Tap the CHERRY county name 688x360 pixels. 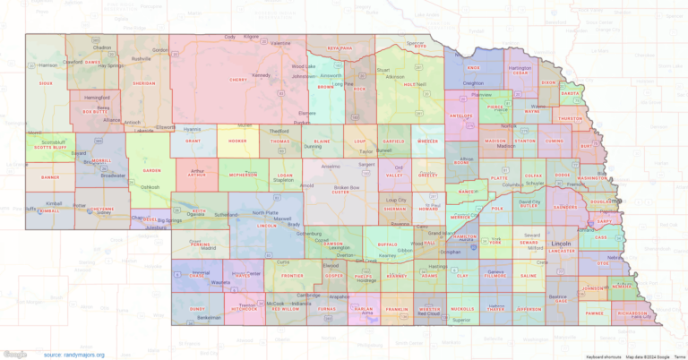coord(238,80)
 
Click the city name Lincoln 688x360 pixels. coord(562,243)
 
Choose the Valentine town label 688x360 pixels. coord(280,43)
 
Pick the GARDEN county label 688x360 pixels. coord(152,170)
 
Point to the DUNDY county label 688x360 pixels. coord(198,307)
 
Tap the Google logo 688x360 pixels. coord(16,354)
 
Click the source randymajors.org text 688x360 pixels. coord(73,355)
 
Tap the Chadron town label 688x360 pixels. coord(102,47)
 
